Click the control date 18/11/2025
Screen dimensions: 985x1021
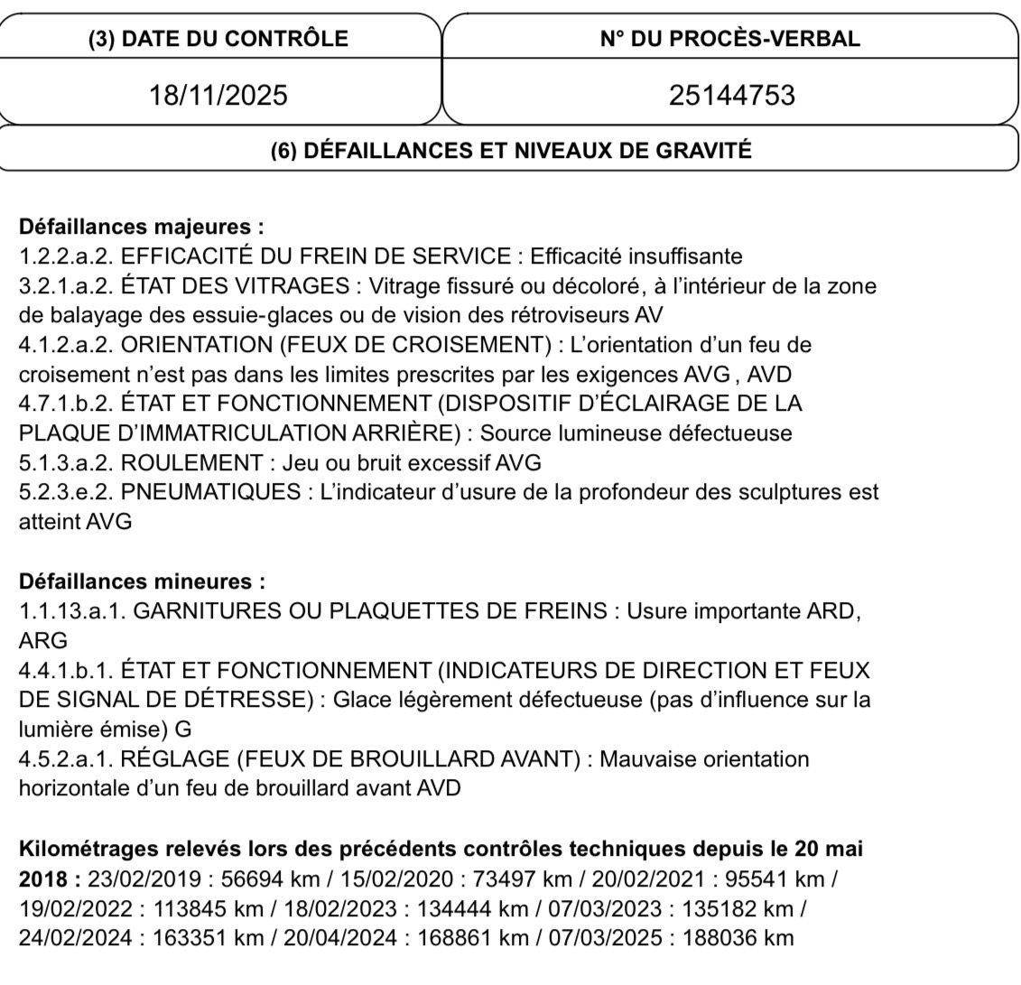click(x=218, y=94)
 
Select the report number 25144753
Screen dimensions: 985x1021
click(x=731, y=94)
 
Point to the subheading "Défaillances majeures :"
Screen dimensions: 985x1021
click(x=142, y=227)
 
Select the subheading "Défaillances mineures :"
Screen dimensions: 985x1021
click(x=142, y=581)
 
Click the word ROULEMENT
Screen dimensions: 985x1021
click(x=191, y=463)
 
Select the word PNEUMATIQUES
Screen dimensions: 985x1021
click(x=209, y=493)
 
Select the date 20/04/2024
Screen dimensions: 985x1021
click(x=340, y=938)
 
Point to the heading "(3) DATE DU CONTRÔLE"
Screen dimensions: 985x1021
click(x=218, y=39)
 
